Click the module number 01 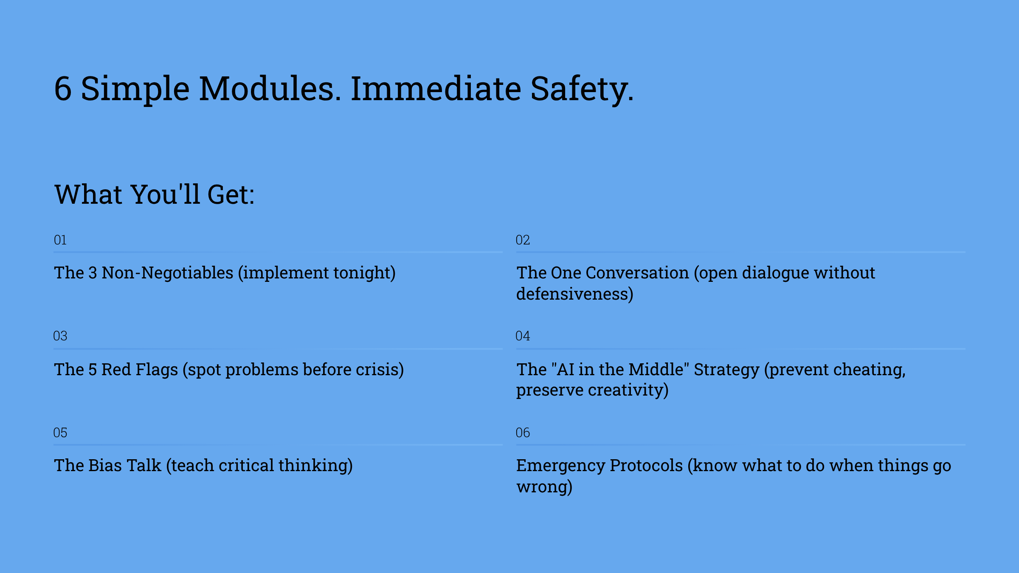[x=60, y=240]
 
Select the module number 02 [x=523, y=240]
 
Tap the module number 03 [x=60, y=336]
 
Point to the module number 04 [x=523, y=336]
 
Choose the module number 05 [x=60, y=433]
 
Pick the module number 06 [x=523, y=433]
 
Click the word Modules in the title [x=270, y=89]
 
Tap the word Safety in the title [x=582, y=90]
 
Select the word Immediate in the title [x=436, y=89]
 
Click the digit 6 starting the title [x=63, y=89]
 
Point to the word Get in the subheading [x=231, y=195]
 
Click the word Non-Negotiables [x=168, y=273]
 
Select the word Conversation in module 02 [x=637, y=273]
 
